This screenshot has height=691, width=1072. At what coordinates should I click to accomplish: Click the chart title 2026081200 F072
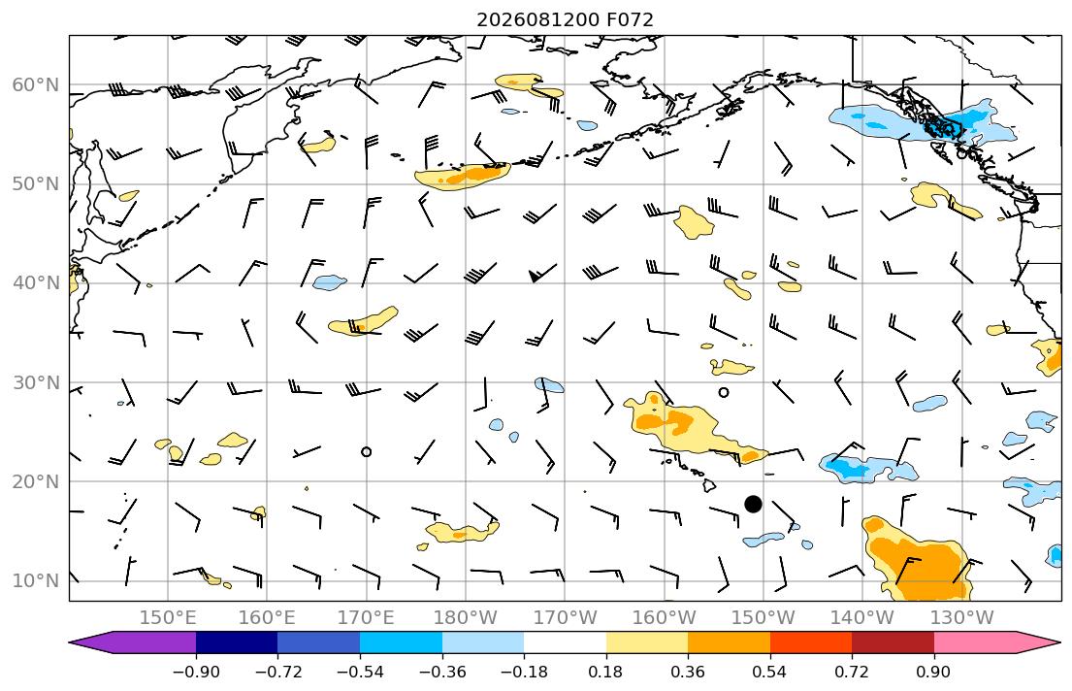click(x=565, y=19)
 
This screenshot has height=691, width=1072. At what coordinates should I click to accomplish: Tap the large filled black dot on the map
click(x=753, y=505)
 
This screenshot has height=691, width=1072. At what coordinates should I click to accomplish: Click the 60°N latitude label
click(x=36, y=84)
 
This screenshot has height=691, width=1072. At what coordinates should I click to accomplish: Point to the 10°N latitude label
click(x=36, y=581)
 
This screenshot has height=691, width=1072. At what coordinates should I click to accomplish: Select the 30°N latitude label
click(x=36, y=382)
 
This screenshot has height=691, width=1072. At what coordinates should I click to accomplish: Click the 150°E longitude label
click(x=168, y=618)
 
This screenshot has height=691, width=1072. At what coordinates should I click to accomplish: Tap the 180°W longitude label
click(x=466, y=618)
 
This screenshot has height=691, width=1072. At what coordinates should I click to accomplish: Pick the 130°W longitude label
click(x=962, y=618)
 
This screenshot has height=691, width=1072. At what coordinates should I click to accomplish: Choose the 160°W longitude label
click(x=664, y=618)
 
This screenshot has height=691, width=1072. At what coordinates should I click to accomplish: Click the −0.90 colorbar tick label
click(x=196, y=672)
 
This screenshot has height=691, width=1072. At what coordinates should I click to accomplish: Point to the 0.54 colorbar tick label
click(x=770, y=672)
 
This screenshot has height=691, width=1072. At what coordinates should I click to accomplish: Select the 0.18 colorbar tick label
click(x=605, y=672)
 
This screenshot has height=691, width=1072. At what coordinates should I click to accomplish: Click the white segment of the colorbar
click(x=565, y=643)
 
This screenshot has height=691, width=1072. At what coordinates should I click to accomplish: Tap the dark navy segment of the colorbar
click(x=237, y=643)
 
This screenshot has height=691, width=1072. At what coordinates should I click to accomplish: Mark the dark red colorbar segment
click(x=893, y=643)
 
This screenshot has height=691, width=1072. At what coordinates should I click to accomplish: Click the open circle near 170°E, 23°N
click(x=367, y=452)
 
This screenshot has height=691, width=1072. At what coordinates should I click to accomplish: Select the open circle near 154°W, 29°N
click(x=724, y=393)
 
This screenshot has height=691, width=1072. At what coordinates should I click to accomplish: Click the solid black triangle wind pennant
click(x=534, y=277)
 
